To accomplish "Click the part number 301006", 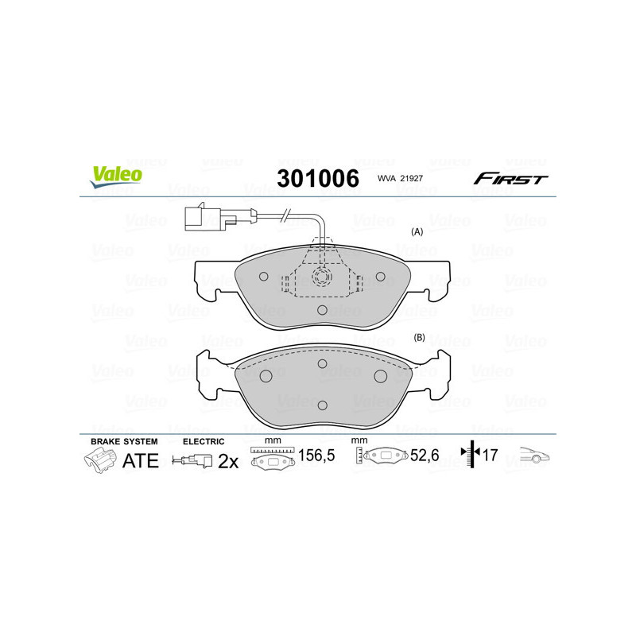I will tap(317, 179).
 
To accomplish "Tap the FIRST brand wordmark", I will tap(510, 179).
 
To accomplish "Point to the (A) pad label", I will tap(416, 232).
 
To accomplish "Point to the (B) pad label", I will tap(420, 338).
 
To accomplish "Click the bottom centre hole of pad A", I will tap(321, 311).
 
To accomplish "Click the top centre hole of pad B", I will tap(322, 364).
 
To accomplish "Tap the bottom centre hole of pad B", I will tap(321, 405).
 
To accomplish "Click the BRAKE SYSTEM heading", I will tap(124, 440).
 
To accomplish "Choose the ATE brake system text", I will tap(141, 461).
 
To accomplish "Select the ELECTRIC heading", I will tap(204, 440).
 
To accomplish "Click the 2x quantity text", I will tap(228, 461).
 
